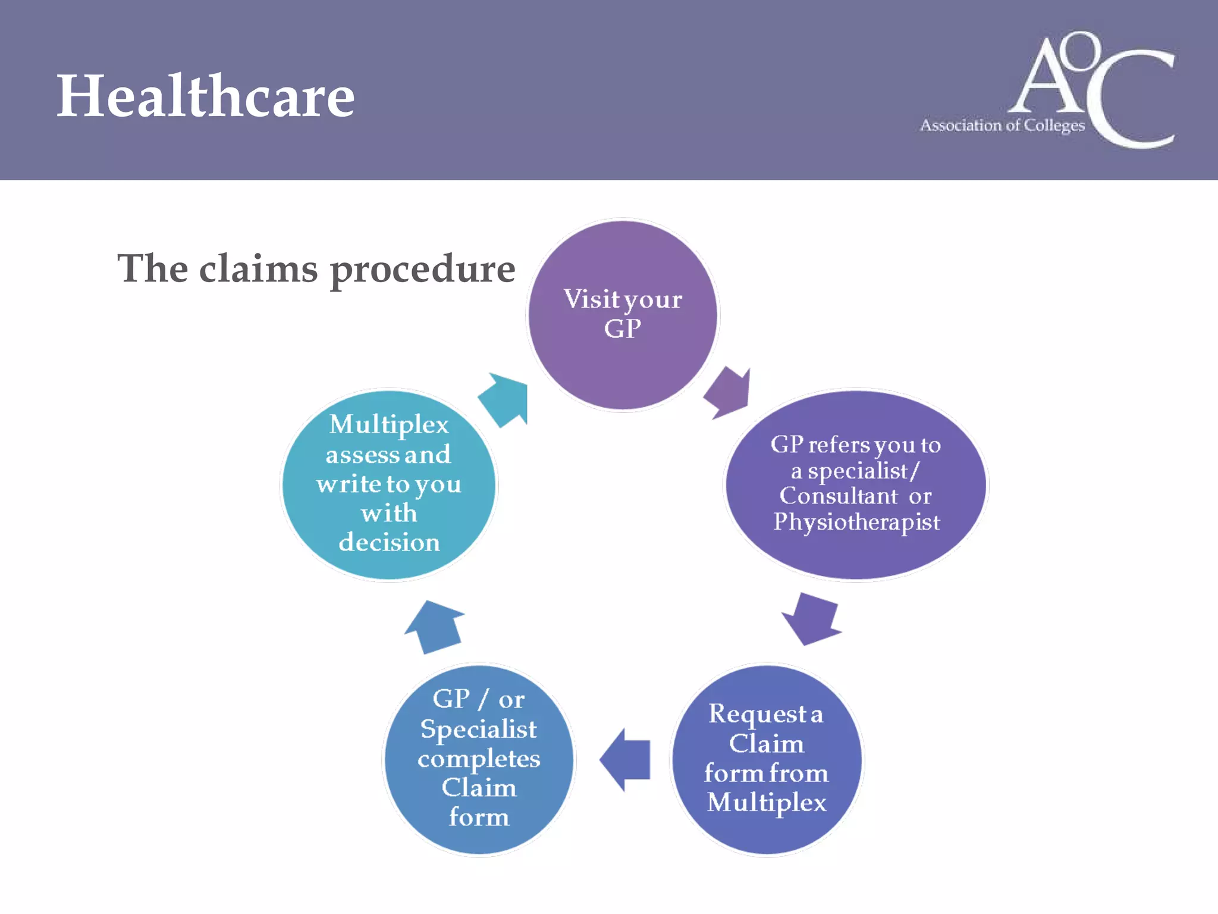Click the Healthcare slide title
pos(205,96)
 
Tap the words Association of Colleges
pos(1002,126)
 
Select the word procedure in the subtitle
pos(422,270)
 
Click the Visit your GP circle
pos(623,314)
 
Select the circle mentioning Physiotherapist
pos(856,485)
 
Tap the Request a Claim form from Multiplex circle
pos(767,759)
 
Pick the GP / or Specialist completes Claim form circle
pos(479,759)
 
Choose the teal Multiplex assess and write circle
pos(389,485)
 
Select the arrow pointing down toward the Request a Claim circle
pos(811,619)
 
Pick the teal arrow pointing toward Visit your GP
pos(504,400)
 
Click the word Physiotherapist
pos(856,522)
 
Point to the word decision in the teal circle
pos(389,542)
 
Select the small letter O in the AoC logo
pos(1082,51)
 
